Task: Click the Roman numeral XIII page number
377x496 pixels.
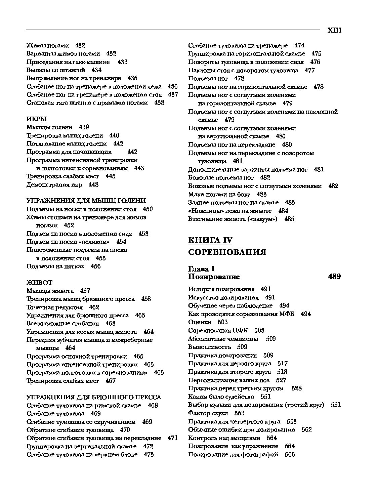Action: coord(334,31)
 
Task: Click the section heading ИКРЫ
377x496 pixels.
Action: coord(37,119)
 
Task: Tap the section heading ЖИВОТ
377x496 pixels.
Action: coord(39,283)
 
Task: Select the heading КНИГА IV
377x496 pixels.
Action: coord(210,240)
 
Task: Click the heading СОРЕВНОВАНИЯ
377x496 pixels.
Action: coord(227,252)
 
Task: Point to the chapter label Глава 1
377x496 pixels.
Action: coord(201,269)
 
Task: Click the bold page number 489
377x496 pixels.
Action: coord(334,277)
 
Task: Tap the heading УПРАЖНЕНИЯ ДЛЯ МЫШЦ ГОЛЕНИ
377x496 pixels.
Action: coord(86,201)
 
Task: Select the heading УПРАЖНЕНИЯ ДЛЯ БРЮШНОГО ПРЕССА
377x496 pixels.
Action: coord(94,397)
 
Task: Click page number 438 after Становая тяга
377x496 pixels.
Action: coord(159,103)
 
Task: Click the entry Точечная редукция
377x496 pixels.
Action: coord(54,307)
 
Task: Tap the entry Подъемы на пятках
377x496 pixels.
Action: coord(55,266)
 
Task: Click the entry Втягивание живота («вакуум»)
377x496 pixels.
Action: coord(233,219)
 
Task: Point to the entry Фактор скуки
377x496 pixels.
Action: coord(208,413)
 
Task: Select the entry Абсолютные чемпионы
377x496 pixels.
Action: coord(223,339)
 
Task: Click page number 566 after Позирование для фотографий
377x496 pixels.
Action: coord(290,454)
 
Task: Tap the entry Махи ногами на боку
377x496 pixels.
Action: coord(219,194)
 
